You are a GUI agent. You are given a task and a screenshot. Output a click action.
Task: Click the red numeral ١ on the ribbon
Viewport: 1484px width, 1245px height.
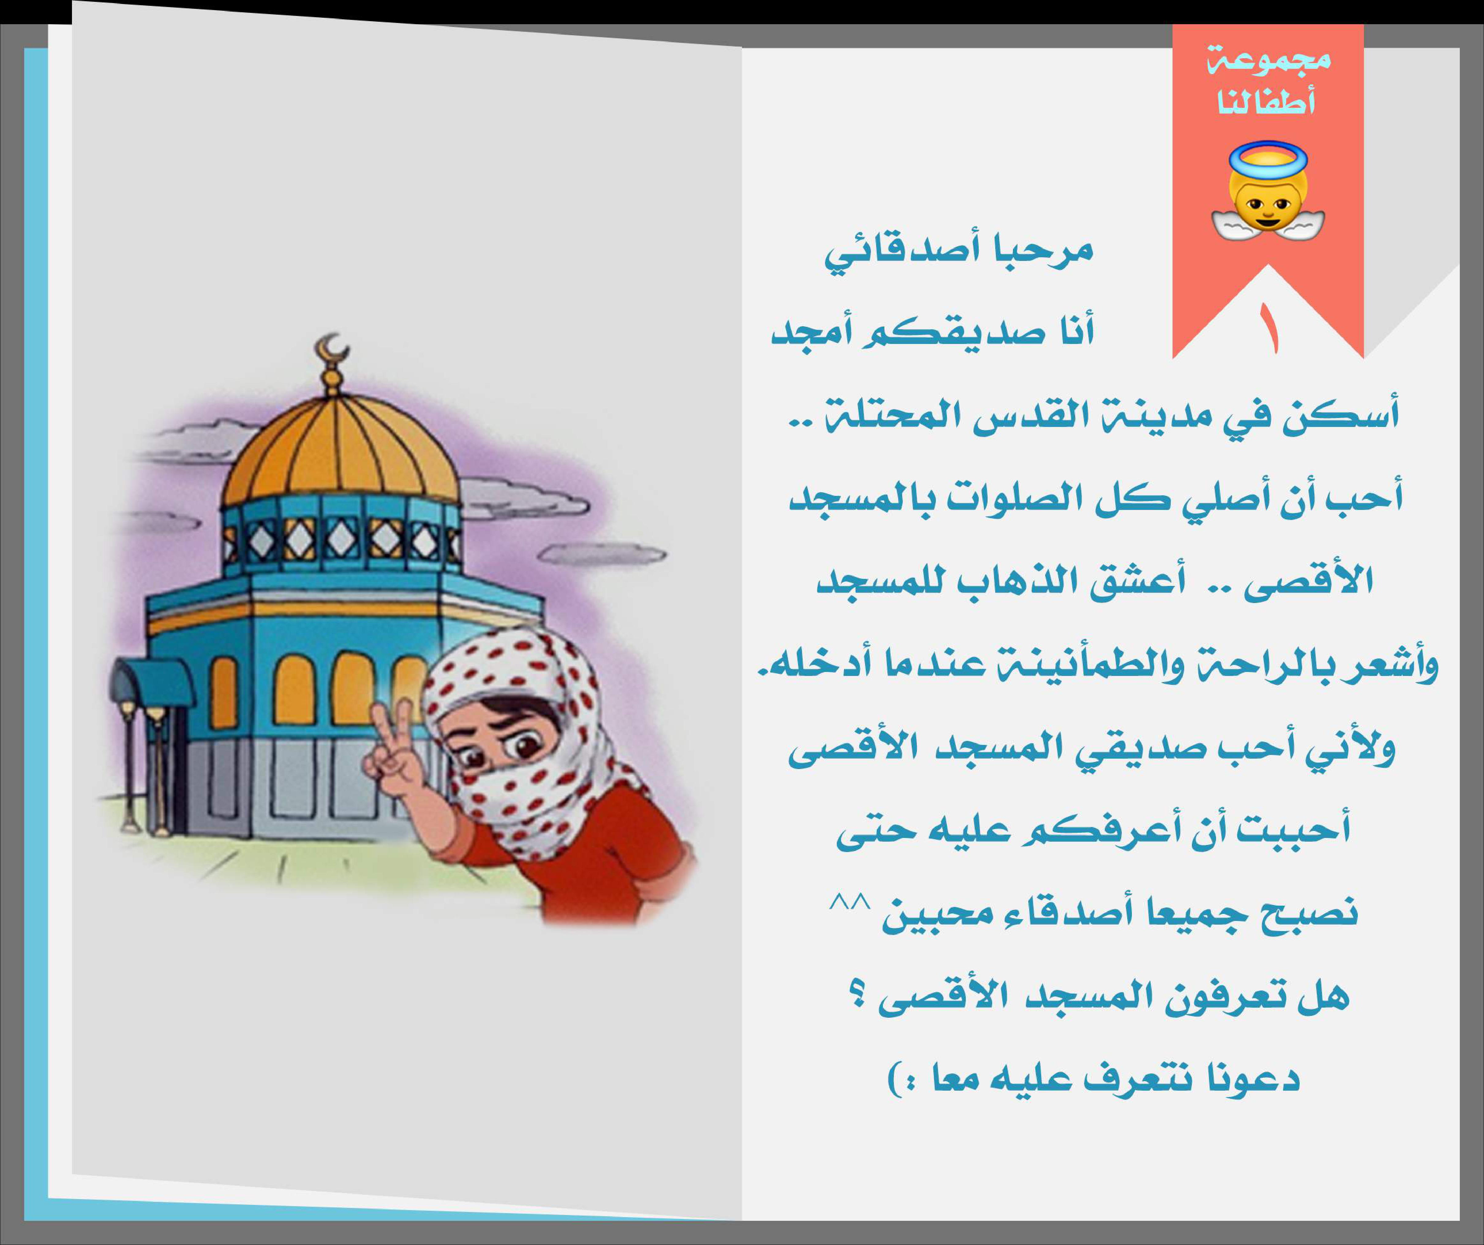pyautogui.click(x=1270, y=329)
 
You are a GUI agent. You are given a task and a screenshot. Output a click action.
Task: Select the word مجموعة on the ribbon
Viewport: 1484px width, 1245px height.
pyautogui.click(x=1268, y=58)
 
